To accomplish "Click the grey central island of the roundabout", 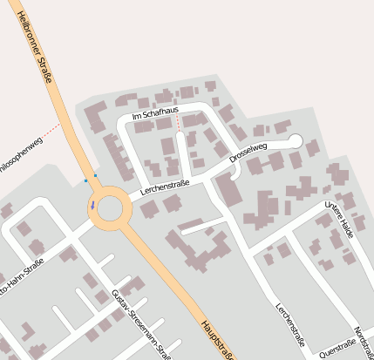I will (x=110, y=209).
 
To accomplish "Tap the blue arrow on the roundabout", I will (x=92, y=206).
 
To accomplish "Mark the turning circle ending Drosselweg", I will (x=295, y=140).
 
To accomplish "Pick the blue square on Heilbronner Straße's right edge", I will (x=95, y=176).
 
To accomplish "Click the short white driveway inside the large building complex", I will (x=197, y=227).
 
